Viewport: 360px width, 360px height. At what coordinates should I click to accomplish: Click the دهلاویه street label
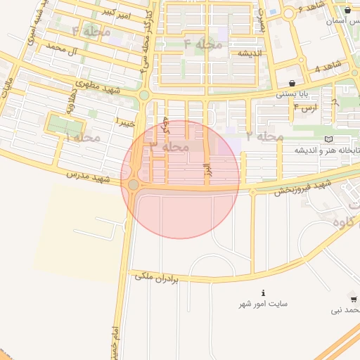tap(70, 107)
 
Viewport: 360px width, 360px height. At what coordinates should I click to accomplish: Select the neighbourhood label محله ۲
tap(265, 136)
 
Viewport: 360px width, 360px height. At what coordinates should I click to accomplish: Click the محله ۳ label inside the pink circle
tap(169, 147)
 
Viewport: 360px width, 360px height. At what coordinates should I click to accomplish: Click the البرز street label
tap(207, 171)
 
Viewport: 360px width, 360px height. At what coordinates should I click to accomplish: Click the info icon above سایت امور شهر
tap(263, 292)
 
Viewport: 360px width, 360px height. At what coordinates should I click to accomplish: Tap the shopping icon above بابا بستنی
tap(292, 83)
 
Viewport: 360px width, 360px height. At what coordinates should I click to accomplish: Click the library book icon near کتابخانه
tap(330, 140)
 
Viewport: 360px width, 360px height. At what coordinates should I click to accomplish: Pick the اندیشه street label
tap(250, 53)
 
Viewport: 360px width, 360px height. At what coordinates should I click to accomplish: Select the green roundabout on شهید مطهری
tap(144, 94)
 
